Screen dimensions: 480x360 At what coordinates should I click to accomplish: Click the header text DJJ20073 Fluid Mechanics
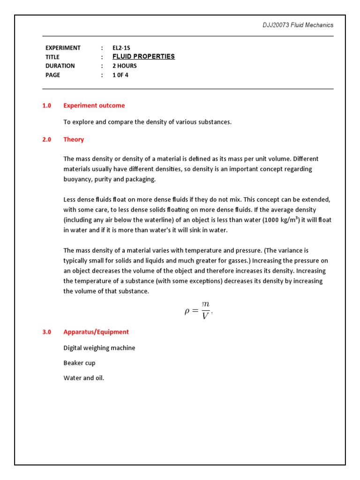click(x=298, y=25)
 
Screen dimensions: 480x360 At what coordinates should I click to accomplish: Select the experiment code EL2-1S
click(x=122, y=48)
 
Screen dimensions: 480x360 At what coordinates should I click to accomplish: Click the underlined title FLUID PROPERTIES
click(x=143, y=57)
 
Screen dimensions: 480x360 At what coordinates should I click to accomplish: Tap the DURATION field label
click(x=60, y=66)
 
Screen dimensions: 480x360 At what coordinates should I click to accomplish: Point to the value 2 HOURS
click(x=124, y=66)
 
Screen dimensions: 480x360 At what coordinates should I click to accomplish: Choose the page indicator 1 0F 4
click(x=120, y=75)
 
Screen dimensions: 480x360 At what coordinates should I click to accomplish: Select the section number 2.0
click(x=46, y=139)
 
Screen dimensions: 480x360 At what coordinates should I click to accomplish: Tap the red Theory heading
click(x=74, y=139)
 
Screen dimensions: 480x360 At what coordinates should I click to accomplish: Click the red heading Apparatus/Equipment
click(x=96, y=332)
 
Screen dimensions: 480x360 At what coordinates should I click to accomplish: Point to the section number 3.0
click(x=46, y=332)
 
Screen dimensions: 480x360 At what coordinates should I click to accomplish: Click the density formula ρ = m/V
click(x=198, y=311)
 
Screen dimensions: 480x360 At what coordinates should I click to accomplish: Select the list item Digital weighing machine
click(x=99, y=348)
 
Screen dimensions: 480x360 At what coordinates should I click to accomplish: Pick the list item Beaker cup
click(x=79, y=363)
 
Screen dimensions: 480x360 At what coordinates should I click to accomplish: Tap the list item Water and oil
click(x=84, y=378)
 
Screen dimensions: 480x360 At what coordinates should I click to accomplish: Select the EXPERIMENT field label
click(x=63, y=48)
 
